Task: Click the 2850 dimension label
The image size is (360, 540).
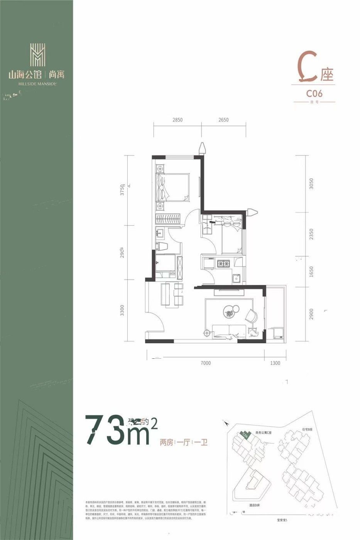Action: tap(177, 120)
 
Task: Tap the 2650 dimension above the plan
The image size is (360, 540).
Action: tap(223, 120)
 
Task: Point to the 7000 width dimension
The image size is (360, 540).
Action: tap(206, 363)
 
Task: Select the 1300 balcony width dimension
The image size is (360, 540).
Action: tap(275, 363)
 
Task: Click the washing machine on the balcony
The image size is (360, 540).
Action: tap(278, 333)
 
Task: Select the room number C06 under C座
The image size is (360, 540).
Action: tap(314, 93)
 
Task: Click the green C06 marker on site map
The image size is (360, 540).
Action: tap(245, 435)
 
